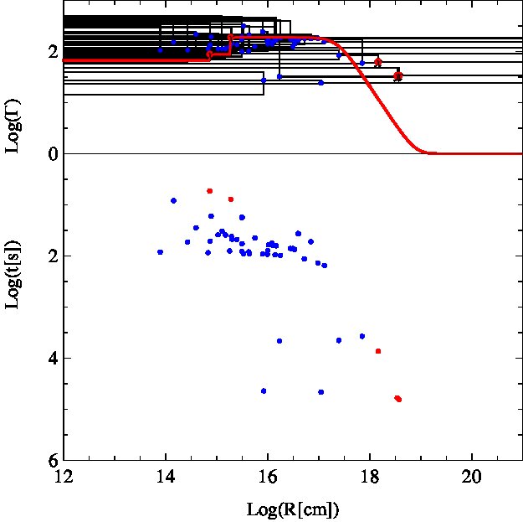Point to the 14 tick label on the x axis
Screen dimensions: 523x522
coord(166,477)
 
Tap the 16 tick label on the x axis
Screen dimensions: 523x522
coord(268,477)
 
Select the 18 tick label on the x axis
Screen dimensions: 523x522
coord(370,477)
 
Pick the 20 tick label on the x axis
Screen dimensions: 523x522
coord(472,477)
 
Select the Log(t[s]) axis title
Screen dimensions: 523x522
coord(13,275)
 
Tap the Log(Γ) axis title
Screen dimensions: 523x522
coord(13,126)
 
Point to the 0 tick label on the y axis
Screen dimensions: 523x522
coord(53,154)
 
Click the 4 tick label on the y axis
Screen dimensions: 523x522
coord(53,358)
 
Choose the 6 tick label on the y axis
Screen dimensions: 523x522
coord(53,461)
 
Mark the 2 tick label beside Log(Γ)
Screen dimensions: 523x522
coord(53,52)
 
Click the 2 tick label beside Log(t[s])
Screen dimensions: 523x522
coord(53,256)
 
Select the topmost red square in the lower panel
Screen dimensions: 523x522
coord(209,191)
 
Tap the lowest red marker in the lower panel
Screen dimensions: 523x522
coord(398,399)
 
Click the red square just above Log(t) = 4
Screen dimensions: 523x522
coord(378,351)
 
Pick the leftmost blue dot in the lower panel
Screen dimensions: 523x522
coord(160,252)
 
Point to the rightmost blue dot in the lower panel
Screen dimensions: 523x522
coord(362,336)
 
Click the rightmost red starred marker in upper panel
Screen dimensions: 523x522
coord(398,76)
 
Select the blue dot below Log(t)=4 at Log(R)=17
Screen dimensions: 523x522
coord(320,392)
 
